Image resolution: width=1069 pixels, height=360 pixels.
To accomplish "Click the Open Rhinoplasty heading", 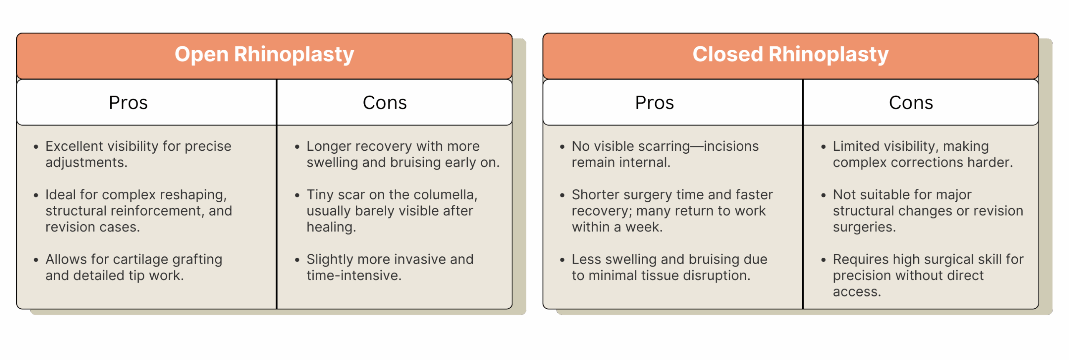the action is click(264, 55).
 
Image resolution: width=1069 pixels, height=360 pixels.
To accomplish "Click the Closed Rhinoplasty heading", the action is click(790, 55).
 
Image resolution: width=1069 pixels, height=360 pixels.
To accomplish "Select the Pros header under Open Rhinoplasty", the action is click(128, 103).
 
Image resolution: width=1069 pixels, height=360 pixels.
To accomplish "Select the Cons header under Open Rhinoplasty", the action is click(385, 103).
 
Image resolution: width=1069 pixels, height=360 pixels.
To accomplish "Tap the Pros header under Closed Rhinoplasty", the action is click(654, 103).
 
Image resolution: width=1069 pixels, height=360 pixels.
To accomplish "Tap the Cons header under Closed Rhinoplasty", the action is click(911, 103).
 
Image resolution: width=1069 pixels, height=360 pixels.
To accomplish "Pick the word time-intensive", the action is click(354, 276).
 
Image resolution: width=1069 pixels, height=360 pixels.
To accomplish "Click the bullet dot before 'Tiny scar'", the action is click(297, 195).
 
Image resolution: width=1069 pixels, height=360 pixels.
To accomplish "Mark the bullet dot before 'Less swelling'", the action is click(562, 260).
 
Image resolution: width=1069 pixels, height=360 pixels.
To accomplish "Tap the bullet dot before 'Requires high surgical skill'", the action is click(823, 260).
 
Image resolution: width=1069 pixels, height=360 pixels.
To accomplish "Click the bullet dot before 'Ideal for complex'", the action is click(36, 195).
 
